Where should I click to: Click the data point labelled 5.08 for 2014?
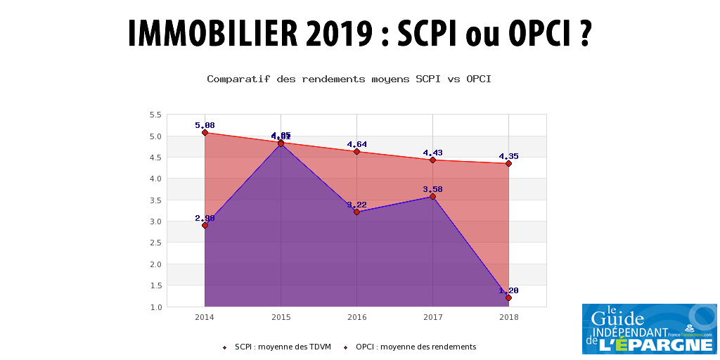(205, 132)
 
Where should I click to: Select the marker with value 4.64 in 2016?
(356, 151)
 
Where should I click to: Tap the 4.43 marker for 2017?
(432, 160)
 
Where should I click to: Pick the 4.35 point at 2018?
(508, 163)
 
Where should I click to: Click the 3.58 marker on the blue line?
(432, 196)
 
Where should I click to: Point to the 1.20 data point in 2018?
(508, 297)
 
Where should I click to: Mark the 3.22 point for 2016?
(356, 212)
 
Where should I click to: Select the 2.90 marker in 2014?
(205, 225)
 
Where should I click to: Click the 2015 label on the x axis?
(281, 318)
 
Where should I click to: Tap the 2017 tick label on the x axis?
(432, 318)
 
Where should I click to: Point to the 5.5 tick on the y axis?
(155, 115)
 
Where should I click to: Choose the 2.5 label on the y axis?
(155, 243)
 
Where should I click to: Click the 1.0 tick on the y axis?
(155, 307)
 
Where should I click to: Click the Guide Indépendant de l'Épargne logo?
(649, 328)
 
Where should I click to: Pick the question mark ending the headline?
(584, 34)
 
